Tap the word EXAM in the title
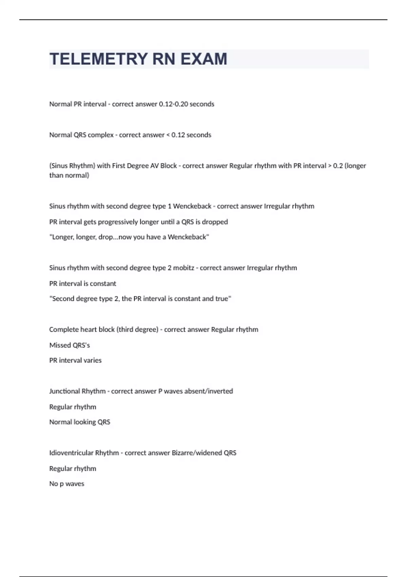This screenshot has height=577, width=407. (x=203, y=59)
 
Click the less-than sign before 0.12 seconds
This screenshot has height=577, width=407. (x=168, y=135)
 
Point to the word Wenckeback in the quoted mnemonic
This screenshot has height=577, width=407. (x=188, y=237)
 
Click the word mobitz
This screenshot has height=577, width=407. (x=183, y=268)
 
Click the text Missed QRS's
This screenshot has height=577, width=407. (x=70, y=345)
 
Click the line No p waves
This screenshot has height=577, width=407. (x=66, y=484)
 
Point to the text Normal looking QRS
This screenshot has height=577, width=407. (x=80, y=422)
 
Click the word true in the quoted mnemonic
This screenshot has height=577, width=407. (x=222, y=299)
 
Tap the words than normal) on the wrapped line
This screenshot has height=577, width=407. (x=69, y=175)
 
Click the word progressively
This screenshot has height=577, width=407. (x=118, y=222)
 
